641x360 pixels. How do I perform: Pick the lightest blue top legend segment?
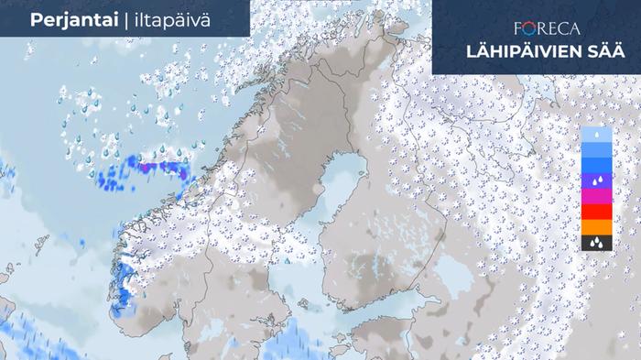click(596, 135)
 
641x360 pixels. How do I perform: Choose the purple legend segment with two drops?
click(596, 180)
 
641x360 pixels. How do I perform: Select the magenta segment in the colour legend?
click(596, 196)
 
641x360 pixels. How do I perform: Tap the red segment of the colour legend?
click(596, 212)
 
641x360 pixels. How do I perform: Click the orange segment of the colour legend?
click(596, 227)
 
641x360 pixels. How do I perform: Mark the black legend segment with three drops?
click(596, 243)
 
